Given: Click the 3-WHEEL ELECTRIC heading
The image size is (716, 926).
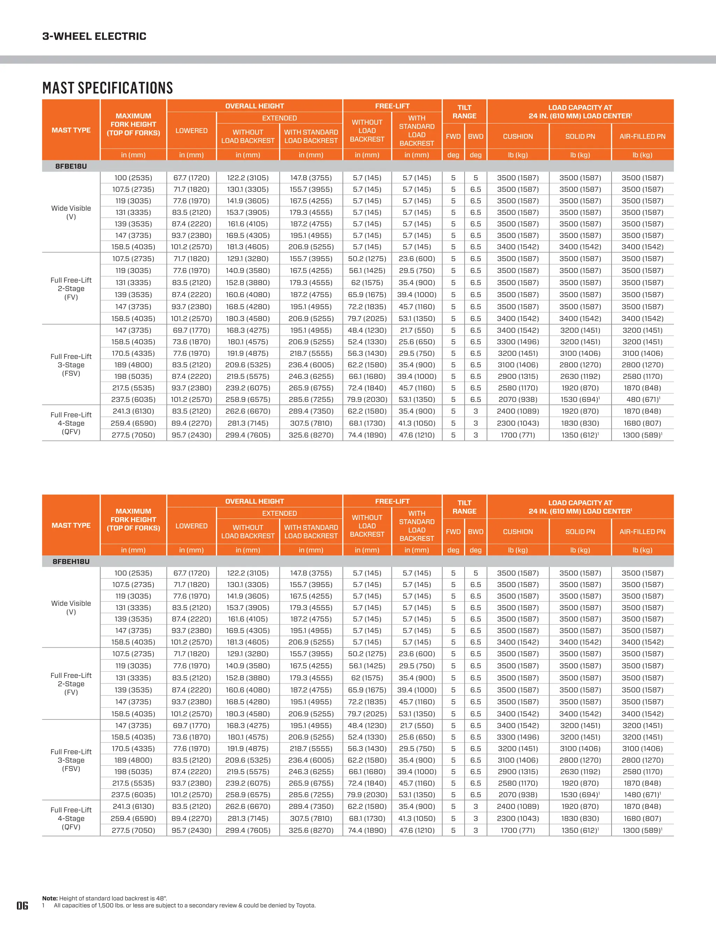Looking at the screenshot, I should [94, 36].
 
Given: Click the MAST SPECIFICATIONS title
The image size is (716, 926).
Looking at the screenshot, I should [108, 88].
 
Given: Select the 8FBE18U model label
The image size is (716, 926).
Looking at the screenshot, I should [71, 166].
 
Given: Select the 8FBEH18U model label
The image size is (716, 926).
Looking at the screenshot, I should [71, 562].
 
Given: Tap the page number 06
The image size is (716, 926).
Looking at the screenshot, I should [22, 906].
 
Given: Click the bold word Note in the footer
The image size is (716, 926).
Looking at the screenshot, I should [50, 898].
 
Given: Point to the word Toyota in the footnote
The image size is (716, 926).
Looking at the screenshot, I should [305, 905].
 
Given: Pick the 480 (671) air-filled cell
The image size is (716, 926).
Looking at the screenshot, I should [642, 399].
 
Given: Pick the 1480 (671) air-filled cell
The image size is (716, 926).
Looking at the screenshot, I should [642, 795].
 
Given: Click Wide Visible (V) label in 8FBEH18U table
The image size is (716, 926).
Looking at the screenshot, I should [71, 607].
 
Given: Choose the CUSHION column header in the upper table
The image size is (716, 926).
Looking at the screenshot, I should [518, 137].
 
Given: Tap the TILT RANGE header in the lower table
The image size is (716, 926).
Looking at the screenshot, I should [465, 507].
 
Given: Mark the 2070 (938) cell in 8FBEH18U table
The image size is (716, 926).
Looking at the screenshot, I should [518, 795].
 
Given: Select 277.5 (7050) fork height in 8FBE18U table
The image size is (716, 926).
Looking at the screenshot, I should [133, 435].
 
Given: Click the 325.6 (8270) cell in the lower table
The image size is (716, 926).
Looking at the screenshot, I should [311, 830].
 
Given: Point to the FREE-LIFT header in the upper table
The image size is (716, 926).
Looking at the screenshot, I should [392, 106].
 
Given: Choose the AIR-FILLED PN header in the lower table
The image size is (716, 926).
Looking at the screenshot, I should [642, 532].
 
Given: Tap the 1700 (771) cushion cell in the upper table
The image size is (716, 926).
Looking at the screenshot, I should [518, 435].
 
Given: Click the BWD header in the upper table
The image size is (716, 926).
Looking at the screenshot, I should [475, 137].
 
